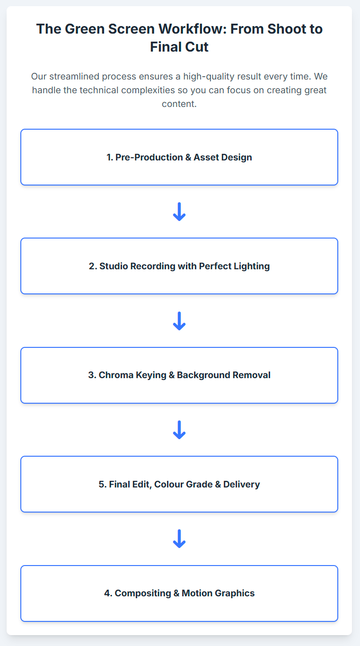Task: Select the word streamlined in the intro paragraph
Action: point(74,76)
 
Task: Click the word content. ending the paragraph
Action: point(179,104)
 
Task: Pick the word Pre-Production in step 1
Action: point(149,158)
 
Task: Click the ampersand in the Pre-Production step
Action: point(188,158)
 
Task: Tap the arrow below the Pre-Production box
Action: point(179,212)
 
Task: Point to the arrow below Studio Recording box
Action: point(179,321)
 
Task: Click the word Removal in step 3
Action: point(251,375)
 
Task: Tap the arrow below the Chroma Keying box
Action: point(179,430)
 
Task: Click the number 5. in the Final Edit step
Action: point(103,485)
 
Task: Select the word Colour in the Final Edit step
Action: point(169,485)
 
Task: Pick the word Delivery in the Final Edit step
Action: point(242,485)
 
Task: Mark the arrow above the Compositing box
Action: point(179,539)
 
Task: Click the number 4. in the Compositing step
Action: point(108,593)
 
